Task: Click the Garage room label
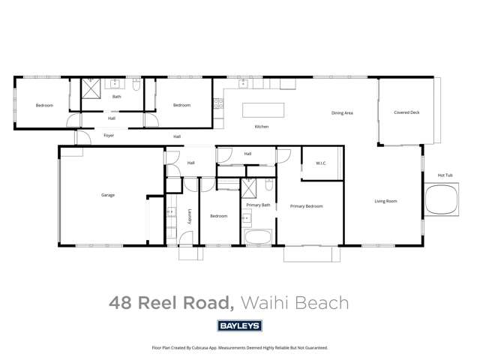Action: pos(108,195)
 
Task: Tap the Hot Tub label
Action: pos(445,175)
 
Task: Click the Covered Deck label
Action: pos(406,112)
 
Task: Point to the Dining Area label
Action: pos(342,113)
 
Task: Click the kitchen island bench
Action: pos(263,109)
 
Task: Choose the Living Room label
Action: pos(386,201)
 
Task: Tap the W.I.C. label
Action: pos(320,163)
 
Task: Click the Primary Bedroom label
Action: pos(307,205)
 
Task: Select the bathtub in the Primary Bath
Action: pos(259,238)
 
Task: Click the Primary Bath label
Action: pos(258,204)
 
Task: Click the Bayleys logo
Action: pos(239,325)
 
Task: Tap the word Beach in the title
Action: pos(324,303)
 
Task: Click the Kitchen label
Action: pos(261,127)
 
